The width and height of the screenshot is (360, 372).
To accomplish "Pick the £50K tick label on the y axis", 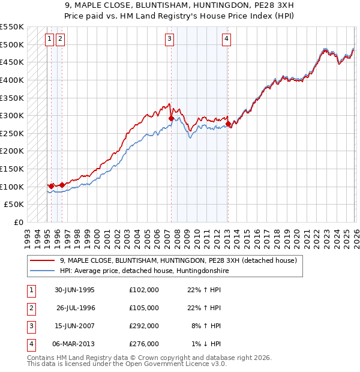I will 14,205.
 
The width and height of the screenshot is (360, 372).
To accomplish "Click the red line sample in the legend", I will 43,261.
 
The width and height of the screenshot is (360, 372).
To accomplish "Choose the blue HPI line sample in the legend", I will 43,271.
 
